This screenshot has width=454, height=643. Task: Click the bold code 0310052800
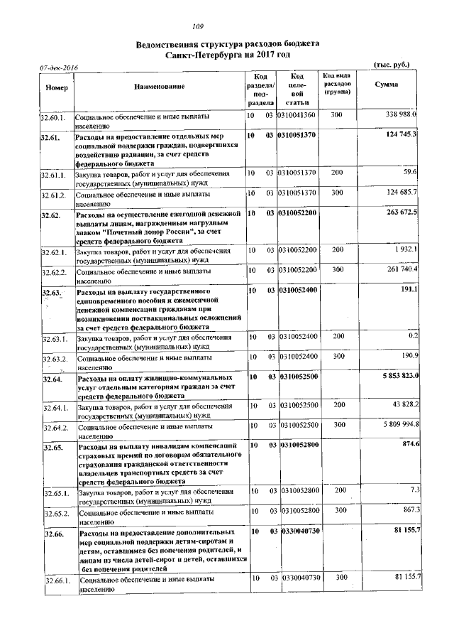click(298, 444)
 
